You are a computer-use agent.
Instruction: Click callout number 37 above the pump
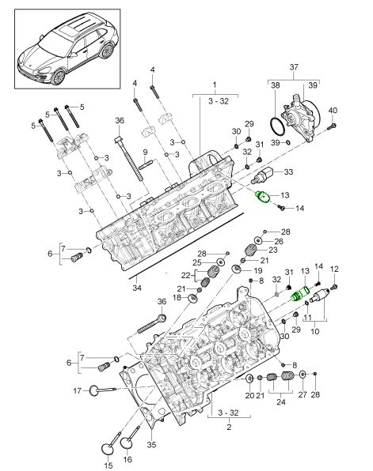click(x=294, y=67)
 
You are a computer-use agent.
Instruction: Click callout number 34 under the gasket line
click(x=137, y=288)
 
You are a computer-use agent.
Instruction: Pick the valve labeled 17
click(x=101, y=390)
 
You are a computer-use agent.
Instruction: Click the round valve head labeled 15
click(x=108, y=449)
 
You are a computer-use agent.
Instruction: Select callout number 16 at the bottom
click(x=128, y=459)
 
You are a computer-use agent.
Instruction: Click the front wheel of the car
click(x=59, y=77)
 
